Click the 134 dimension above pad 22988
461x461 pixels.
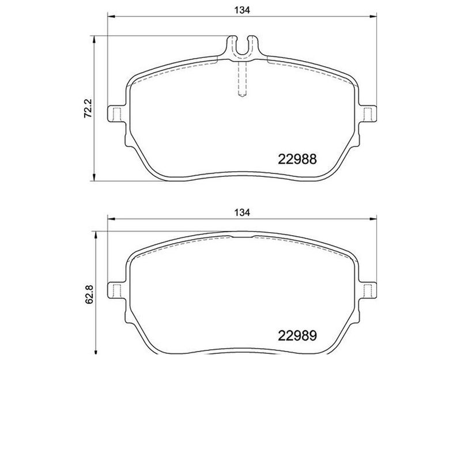click(x=242, y=9)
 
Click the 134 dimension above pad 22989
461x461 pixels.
click(x=242, y=212)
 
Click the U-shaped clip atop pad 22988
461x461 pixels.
click(x=242, y=46)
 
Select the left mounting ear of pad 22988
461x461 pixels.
click(x=115, y=115)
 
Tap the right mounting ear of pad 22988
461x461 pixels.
click(x=369, y=115)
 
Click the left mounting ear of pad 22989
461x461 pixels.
click(x=115, y=291)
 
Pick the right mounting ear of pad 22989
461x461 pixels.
click(x=369, y=291)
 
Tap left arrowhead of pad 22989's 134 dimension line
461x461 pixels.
click(x=112, y=219)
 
